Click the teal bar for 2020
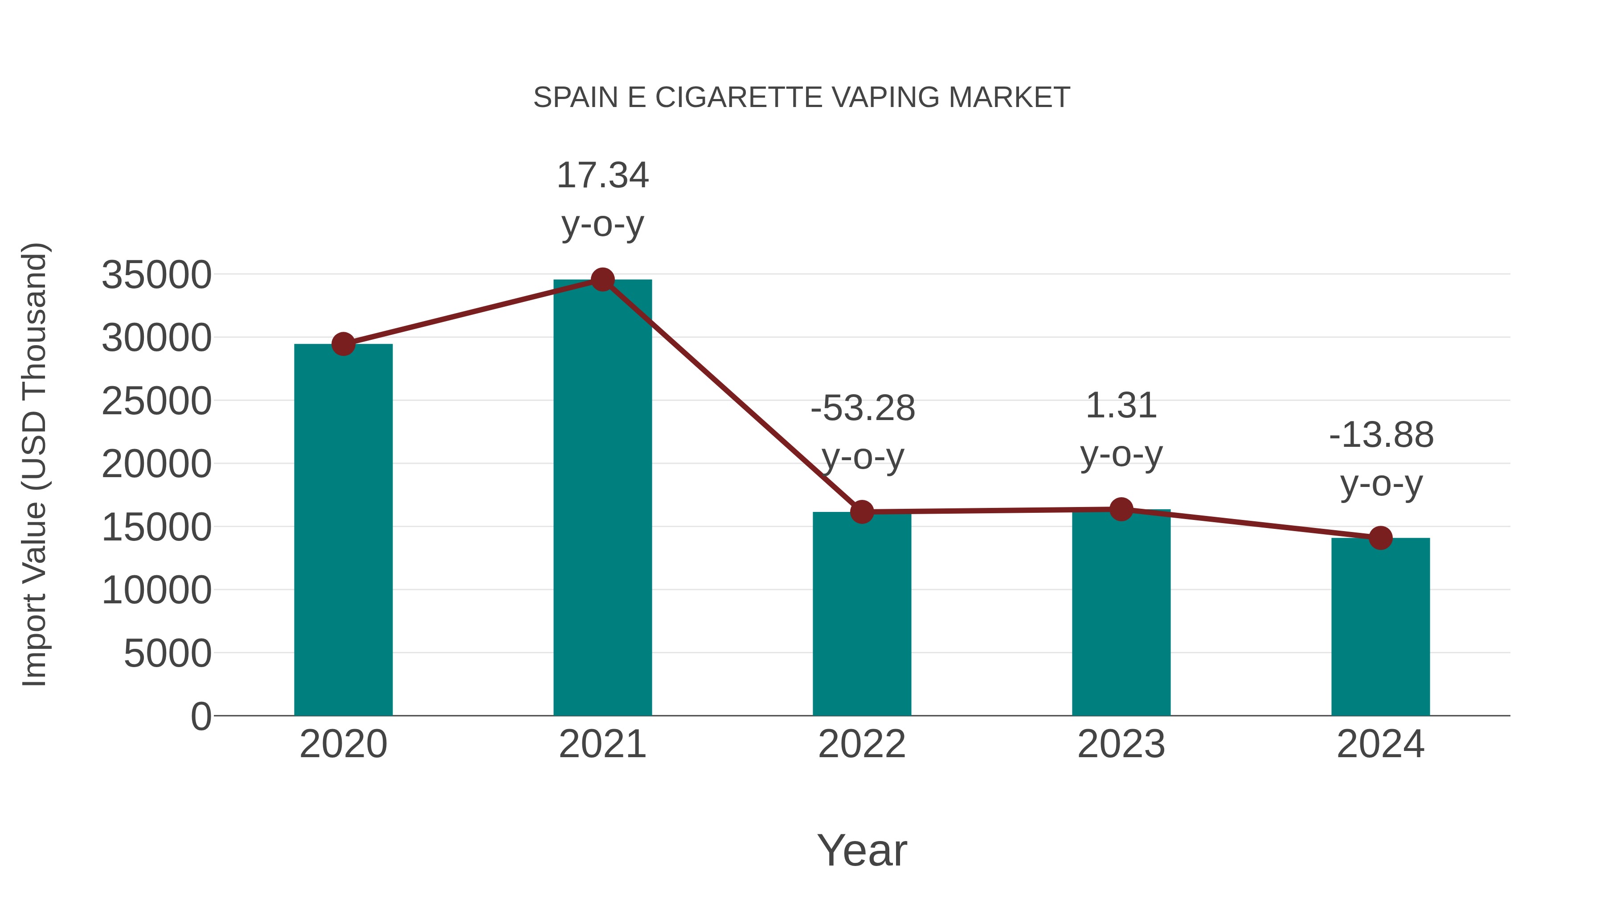(343, 530)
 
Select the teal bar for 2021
(602, 499)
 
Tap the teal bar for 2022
(862, 614)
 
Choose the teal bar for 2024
(1380, 627)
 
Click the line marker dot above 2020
(343, 344)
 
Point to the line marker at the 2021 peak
(602, 280)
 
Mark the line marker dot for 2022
(862, 511)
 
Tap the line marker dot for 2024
(1380, 538)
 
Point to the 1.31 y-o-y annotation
(1121, 429)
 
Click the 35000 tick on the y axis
(156, 275)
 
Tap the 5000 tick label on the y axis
(168, 654)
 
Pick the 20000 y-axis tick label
(156, 464)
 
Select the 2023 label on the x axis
(1121, 744)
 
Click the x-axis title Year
(862, 850)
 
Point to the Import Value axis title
(35, 464)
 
